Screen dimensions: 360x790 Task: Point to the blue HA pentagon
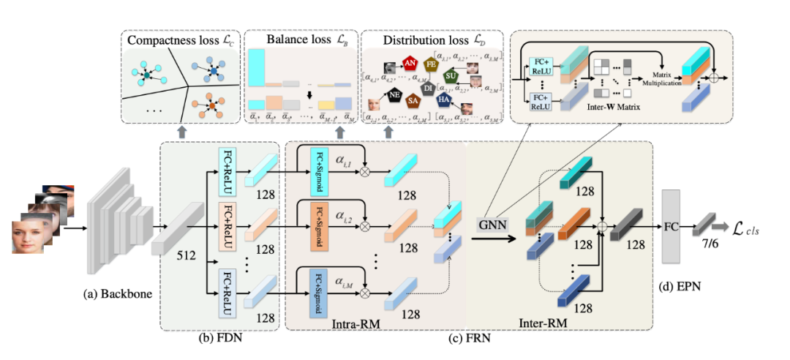tap(443, 99)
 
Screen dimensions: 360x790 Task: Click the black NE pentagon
tap(394, 94)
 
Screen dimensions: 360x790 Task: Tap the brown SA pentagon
tap(413, 101)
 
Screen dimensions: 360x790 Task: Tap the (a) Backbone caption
tap(118, 294)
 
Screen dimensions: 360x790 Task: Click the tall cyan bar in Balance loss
tap(256, 70)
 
